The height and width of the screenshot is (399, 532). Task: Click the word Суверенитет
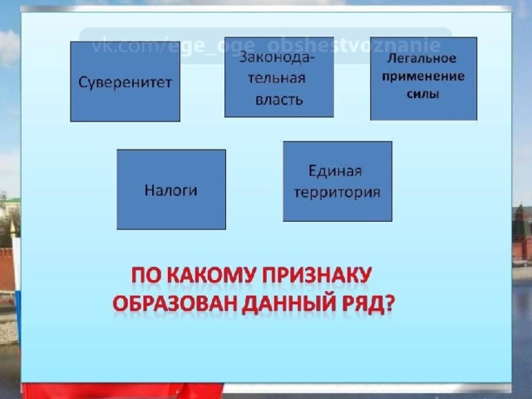point(125,82)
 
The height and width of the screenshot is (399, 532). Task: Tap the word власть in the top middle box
point(279,100)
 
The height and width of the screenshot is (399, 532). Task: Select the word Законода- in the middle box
point(277,57)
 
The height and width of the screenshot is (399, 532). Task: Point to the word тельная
point(277,78)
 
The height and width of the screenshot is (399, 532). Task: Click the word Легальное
point(421,58)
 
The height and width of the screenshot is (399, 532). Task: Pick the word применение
point(423,76)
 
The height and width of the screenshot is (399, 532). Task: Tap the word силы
point(423,94)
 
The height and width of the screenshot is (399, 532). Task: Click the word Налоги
point(170,190)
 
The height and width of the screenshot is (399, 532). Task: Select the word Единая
point(335,170)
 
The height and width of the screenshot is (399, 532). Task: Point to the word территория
point(337,193)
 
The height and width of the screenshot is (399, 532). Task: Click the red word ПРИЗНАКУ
point(317,275)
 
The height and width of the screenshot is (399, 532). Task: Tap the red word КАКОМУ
point(211,275)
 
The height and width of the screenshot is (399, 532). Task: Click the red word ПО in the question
point(146,275)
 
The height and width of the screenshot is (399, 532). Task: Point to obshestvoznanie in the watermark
point(354,46)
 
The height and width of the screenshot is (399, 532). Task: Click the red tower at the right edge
point(522,231)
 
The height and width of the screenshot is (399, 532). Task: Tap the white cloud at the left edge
point(9,47)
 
